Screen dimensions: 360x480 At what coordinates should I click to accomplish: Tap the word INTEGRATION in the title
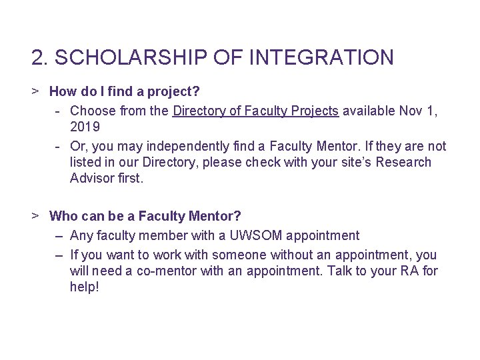pyautogui.click(x=321, y=58)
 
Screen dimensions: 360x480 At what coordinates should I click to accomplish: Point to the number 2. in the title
pyautogui.click(x=40, y=58)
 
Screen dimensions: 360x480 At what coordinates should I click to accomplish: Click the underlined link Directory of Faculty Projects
pyautogui.click(x=255, y=111)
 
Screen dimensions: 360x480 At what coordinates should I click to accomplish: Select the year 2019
pyautogui.click(x=85, y=127)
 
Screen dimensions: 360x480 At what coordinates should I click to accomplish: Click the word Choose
pyautogui.click(x=93, y=111)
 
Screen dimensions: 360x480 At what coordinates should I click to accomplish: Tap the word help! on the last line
pyautogui.click(x=84, y=287)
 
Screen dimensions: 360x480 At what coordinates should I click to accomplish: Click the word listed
pyautogui.click(x=87, y=162)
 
